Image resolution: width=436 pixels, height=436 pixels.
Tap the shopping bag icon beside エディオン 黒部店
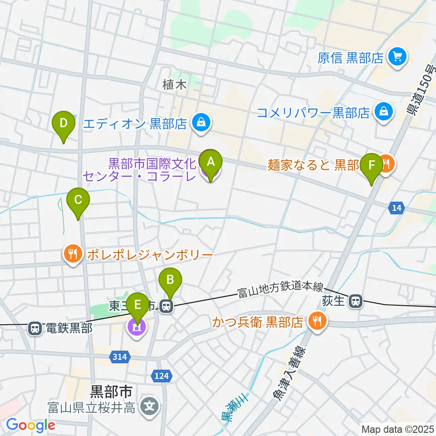point(200,122)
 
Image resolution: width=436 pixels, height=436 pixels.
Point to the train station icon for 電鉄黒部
point(35,328)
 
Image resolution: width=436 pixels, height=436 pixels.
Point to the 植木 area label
point(175,84)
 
